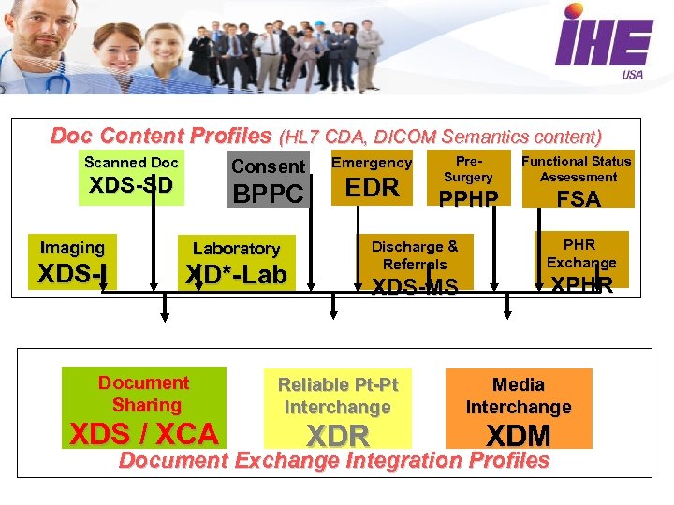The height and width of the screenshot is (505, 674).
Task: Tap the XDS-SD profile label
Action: click(x=131, y=185)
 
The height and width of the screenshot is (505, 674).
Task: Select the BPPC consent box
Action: click(x=268, y=179)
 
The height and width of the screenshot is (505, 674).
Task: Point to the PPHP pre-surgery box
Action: click(x=468, y=179)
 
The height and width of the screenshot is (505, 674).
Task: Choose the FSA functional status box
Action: click(x=579, y=179)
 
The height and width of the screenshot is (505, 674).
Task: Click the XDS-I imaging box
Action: click(x=72, y=262)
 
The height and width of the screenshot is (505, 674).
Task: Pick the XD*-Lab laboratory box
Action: click(x=236, y=263)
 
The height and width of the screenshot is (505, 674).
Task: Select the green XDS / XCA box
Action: click(x=144, y=408)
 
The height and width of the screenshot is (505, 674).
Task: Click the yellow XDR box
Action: click(x=338, y=409)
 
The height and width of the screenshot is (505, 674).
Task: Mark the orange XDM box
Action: click(x=519, y=409)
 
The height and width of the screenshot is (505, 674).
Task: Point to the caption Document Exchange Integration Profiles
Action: click(x=333, y=460)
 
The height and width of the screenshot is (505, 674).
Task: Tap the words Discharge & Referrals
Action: click(x=415, y=255)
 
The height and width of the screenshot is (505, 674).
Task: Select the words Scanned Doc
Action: click(x=131, y=162)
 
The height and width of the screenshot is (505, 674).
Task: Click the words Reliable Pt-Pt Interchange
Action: click(x=338, y=396)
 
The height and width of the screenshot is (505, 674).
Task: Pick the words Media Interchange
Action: click(x=519, y=396)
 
